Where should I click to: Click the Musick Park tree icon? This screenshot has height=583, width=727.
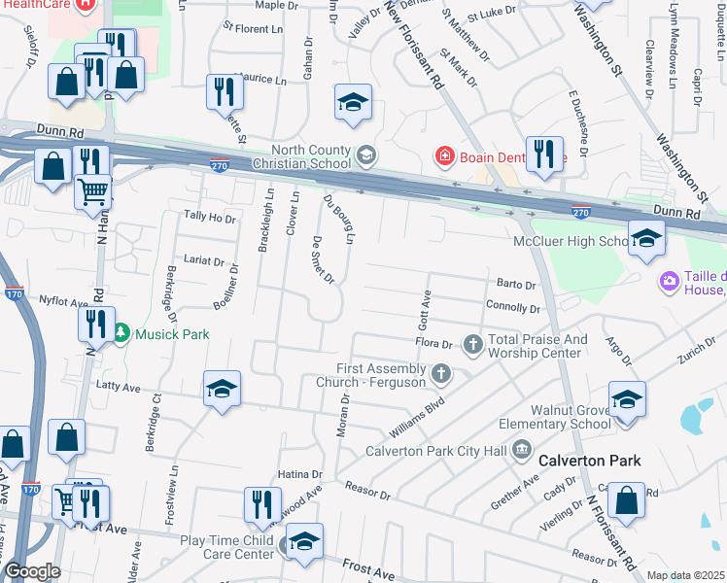click(x=121, y=334)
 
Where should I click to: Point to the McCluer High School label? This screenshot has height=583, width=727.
click(x=573, y=241)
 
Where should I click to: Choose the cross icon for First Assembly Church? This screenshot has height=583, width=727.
click(x=440, y=373)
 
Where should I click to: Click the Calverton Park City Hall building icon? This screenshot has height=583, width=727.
click(x=522, y=449)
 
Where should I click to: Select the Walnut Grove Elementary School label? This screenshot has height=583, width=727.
click(x=554, y=417)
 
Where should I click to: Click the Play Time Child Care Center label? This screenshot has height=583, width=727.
click(x=226, y=546)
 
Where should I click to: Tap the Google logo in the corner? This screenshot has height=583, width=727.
click(x=32, y=571)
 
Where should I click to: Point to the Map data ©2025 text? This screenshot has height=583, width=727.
click(x=684, y=575)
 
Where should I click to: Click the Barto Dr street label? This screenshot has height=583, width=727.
click(x=516, y=285)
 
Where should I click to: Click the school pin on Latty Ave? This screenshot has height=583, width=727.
click(x=222, y=391)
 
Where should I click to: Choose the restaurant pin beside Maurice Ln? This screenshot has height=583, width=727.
click(x=225, y=92)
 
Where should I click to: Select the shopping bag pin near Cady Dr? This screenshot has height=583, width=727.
click(x=628, y=502)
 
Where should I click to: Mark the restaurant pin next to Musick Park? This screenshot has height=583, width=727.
click(x=95, y=323)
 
